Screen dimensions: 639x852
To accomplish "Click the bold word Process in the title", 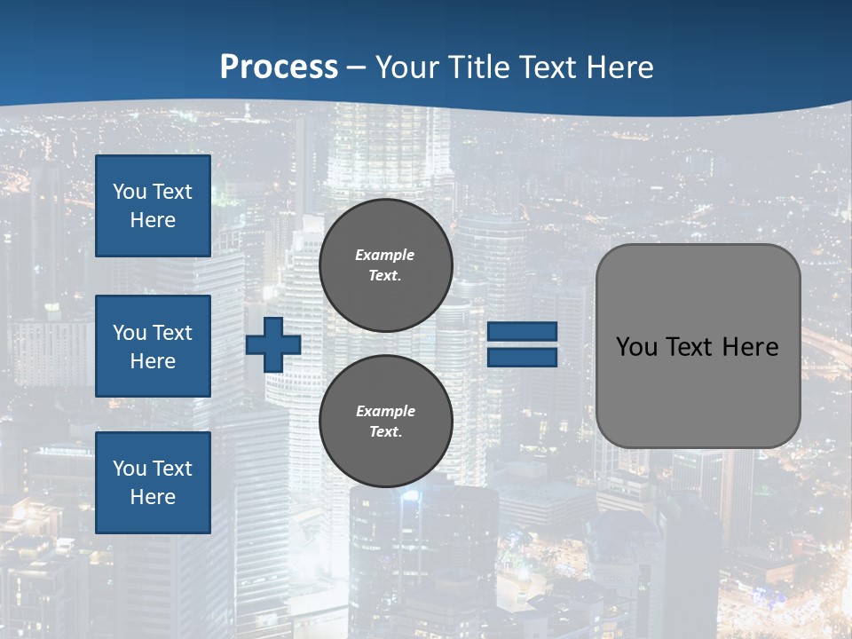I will [279, 67].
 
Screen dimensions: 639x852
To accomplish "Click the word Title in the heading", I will [479, 67].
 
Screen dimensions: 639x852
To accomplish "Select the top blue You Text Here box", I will [153, 206].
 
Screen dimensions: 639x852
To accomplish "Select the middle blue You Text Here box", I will [153, 346].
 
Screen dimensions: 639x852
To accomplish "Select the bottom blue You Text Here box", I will [153, 483].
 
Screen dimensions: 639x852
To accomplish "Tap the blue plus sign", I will [273, 344].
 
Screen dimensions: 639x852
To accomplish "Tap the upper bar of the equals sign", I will [523, 331].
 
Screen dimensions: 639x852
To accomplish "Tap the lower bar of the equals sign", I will [523, 357].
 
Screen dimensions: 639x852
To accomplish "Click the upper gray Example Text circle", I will [385, 265].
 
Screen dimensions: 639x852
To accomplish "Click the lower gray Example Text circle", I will [385, 422].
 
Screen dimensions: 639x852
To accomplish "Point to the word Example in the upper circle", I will [385, 255].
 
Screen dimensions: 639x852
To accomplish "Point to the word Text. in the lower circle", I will [385, 432].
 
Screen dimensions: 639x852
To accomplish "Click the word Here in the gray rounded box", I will [750, 347].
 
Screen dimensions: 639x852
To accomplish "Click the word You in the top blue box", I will [130, 192].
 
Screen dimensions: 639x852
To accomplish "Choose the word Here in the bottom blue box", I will [153, 497].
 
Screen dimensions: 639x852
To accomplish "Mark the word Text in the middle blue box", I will [171, 333].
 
